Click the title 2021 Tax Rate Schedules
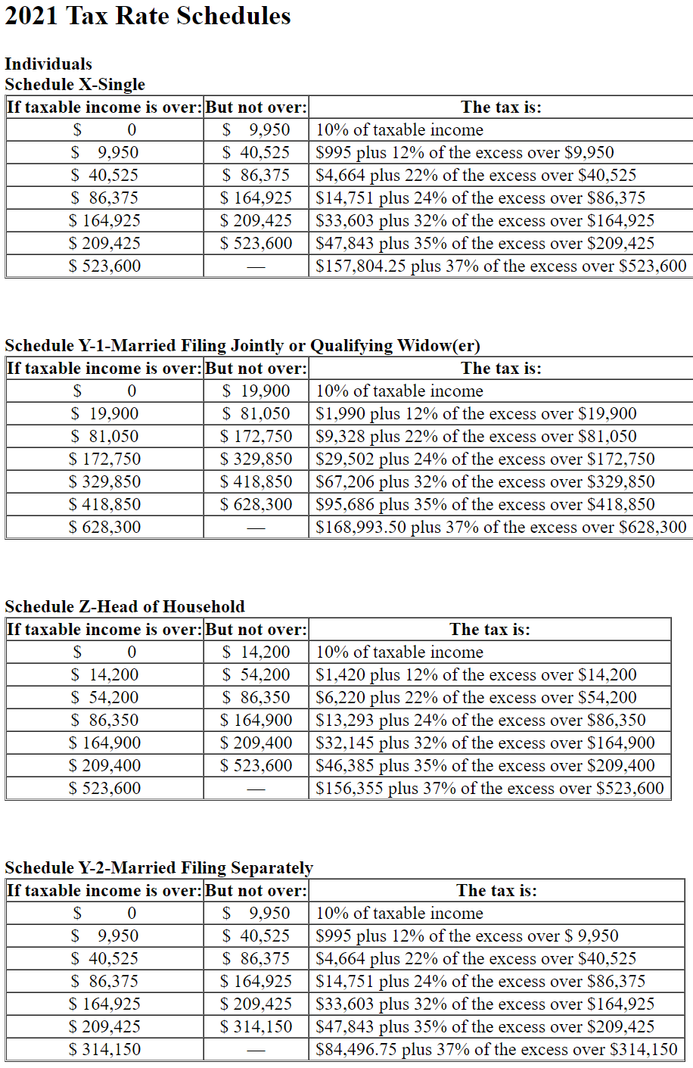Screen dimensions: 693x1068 click(148, 16)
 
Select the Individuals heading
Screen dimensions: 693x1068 click(48, 64)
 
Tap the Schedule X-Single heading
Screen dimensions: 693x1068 click(75, 84)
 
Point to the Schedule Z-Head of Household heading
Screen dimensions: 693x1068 click(125, 606)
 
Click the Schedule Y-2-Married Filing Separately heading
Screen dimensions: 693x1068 click(159, 867)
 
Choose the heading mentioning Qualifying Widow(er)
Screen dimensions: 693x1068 click(242, 345)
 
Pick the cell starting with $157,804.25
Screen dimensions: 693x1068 click(501, 266)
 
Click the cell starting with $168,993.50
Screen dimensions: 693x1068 click(501, 527)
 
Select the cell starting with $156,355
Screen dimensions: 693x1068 click(489, 788)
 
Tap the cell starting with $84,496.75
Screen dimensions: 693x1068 click(496, 1049)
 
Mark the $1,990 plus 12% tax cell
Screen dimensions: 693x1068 click(476, 413)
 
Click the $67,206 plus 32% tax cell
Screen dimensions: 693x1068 click(485, 481)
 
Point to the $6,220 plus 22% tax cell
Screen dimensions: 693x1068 click(476, 697)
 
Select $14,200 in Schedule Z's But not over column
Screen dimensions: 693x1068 click(256, 652)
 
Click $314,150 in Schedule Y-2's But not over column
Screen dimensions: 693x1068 click(256, 1026)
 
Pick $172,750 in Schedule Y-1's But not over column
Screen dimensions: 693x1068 click(256, 436)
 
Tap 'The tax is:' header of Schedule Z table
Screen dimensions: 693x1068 click(489, 629)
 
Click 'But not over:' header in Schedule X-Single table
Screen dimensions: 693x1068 click(256, 107)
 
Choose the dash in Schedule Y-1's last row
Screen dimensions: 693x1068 click(256, 528)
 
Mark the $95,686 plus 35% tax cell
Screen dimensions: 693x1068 click(485, 504)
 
